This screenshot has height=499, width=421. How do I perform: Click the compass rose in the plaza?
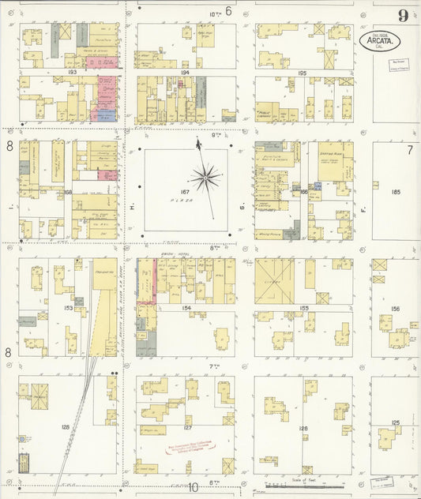[205, 178]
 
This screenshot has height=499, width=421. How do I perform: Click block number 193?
[72, 72]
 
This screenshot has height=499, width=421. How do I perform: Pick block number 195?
[303, 73]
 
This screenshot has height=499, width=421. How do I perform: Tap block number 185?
[395, 192]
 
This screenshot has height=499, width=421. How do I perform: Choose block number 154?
[186, 308]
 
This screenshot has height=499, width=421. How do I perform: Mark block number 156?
[395, 310]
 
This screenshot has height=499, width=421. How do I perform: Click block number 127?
[187, 427]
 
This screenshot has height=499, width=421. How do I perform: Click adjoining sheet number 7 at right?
[410, 149]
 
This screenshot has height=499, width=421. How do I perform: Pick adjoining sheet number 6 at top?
[228, 11]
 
